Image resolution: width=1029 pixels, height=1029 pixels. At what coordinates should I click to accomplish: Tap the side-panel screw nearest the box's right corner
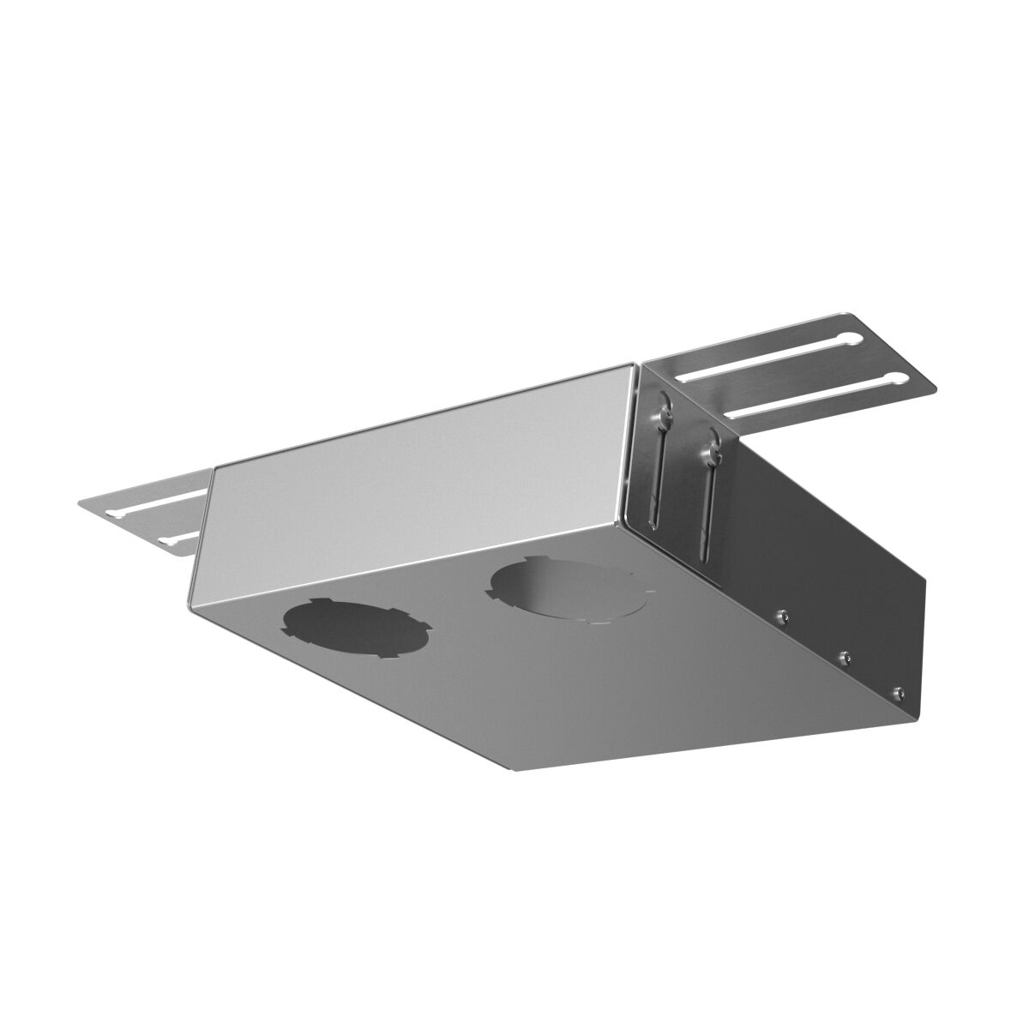point(898,691)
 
